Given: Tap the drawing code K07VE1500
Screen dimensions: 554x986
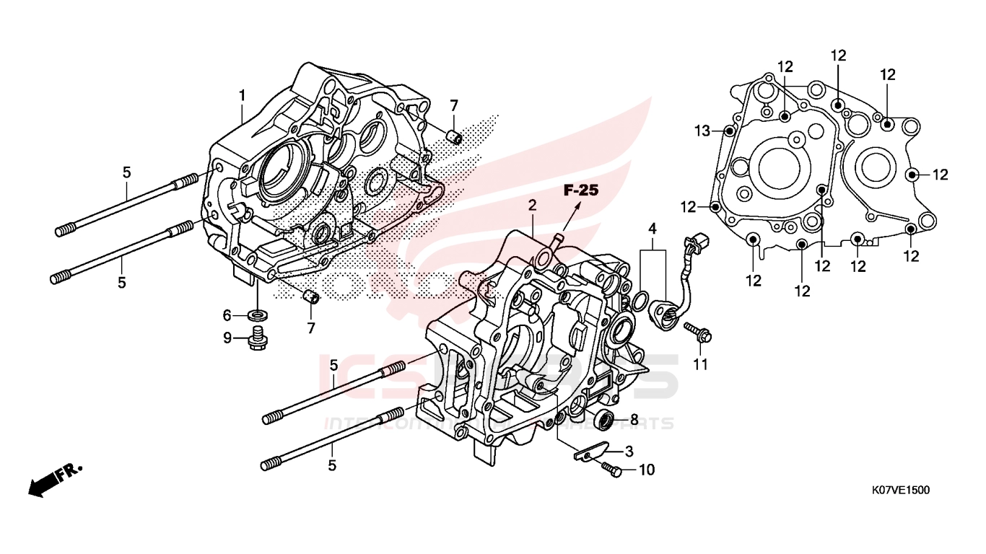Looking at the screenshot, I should (900, 491).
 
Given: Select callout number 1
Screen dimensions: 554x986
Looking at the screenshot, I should (243, 95).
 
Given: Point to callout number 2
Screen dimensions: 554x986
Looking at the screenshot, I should (532, 205).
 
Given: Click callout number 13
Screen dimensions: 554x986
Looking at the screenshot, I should (703, 131).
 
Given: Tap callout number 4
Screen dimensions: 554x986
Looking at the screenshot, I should (653, 229).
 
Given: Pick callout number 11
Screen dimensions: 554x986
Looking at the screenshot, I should (700, 365).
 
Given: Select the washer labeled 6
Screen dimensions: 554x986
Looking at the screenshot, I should (256, 315).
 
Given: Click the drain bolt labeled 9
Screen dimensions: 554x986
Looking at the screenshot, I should (256, 337).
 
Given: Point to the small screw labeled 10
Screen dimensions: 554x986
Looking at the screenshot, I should (611, 470).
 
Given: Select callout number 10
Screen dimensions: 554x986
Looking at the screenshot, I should (646, 470).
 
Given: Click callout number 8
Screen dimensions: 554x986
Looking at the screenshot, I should (634, 418).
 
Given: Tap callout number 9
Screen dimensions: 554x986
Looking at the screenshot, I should (227, 338).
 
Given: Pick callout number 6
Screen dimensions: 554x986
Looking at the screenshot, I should (227, 315).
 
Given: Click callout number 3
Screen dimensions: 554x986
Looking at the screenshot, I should (629, 452).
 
